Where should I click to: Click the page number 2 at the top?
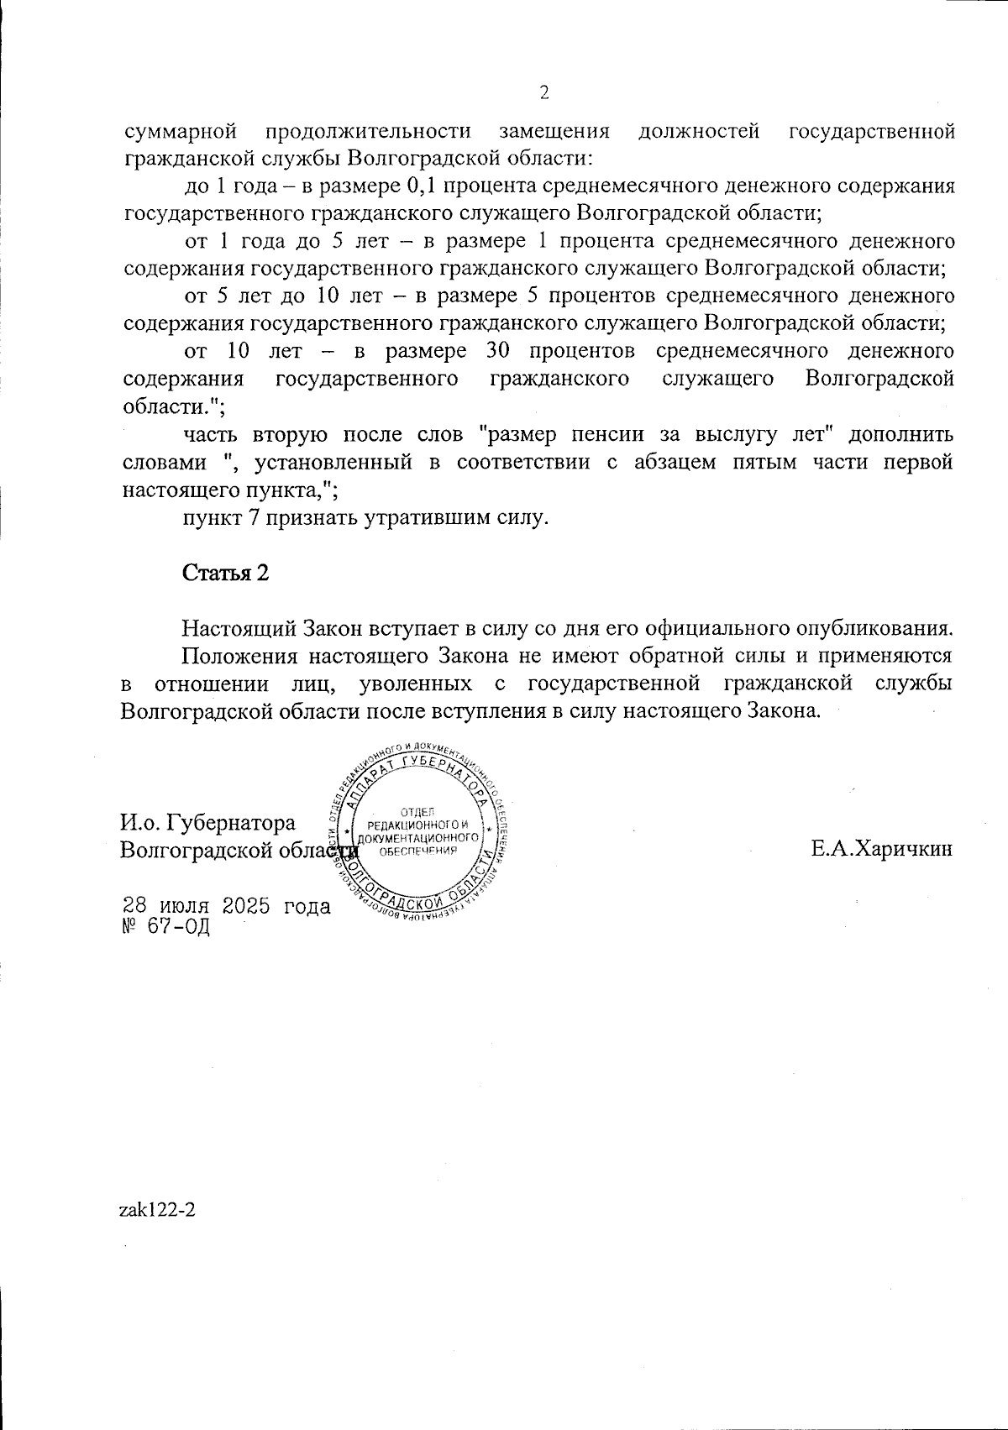tap(543, 92)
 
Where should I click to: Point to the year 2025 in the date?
tap(248, 906)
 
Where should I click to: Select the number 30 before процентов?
tap(493, 350)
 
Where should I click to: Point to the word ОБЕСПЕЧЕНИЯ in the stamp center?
tap(417, 851)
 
